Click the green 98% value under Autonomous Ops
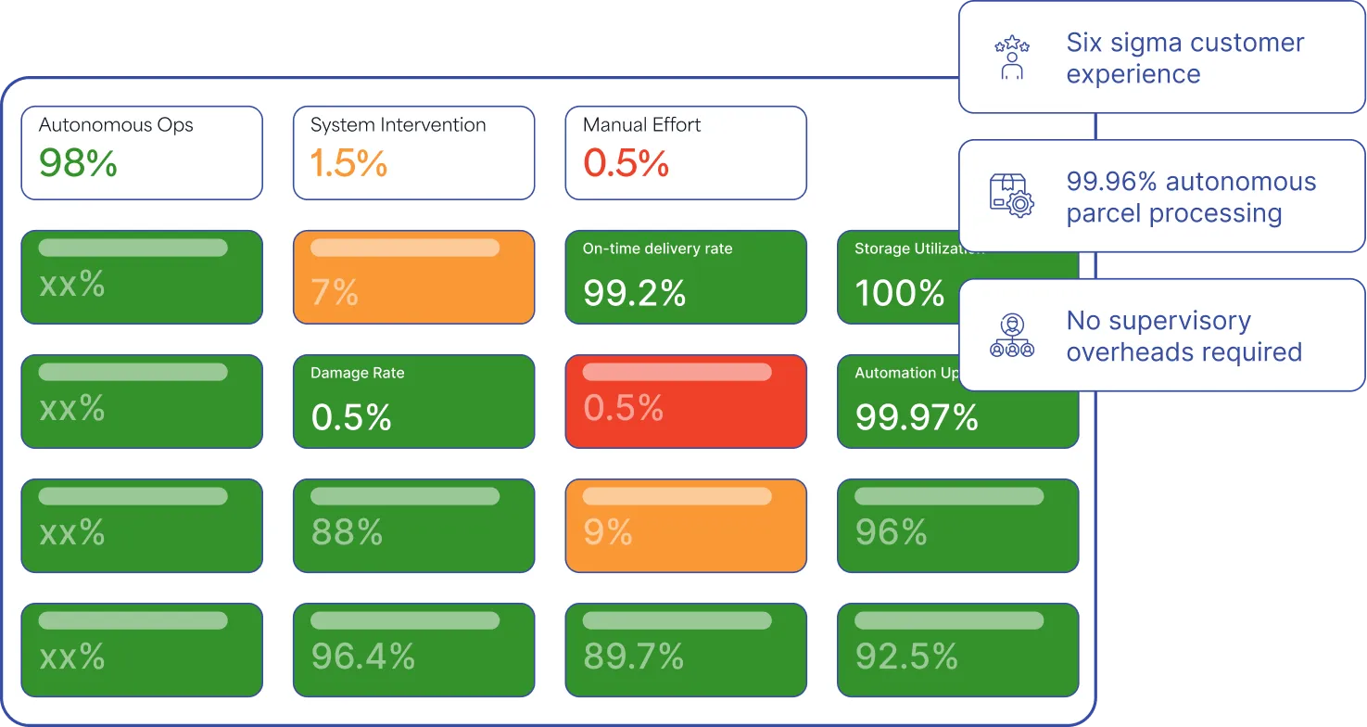[78, 164]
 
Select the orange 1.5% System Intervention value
[348, 164]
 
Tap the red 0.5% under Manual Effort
[626, 164]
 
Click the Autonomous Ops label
[116, 125]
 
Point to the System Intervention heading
[398, 125]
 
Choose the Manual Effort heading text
[641, 125]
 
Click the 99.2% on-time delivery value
[634, 294]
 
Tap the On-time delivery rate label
[657, 249]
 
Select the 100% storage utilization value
[899, 294]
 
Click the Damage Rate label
[357, 373]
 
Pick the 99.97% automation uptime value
[916, 418]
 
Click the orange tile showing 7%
[413, 277]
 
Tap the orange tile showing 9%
[686, 526]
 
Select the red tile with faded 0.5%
[686, 402]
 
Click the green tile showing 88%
[413, 526]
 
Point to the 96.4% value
[362, 657]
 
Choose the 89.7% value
[633, 657]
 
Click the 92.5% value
[905, 657]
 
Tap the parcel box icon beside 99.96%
[1011, 197]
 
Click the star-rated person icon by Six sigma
[1011, 57]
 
